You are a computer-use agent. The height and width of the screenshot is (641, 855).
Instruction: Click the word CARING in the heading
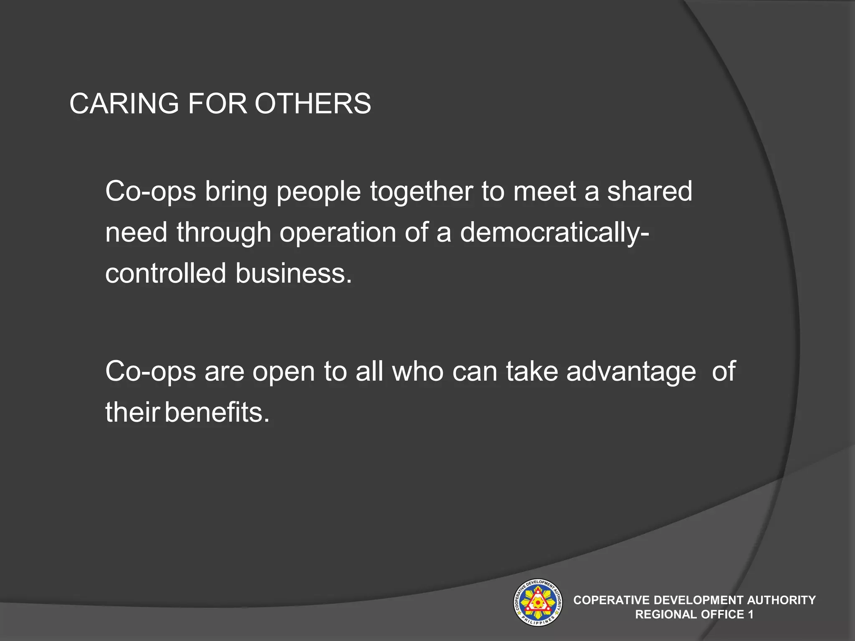(x=124, y=103)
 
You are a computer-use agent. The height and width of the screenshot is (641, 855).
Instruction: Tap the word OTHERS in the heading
(x=313, y=103)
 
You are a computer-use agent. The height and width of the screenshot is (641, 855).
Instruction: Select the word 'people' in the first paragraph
(x=319, y=192)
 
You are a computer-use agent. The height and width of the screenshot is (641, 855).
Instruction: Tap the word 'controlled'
(x=165, y=273)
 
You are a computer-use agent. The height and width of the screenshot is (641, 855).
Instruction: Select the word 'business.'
(x=294, y=273)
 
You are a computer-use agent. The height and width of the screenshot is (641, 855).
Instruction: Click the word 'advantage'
(x=631, y=371)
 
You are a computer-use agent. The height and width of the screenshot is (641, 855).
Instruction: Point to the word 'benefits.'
(x=217, y=412)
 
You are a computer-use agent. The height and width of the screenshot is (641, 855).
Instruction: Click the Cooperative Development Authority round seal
(x=537, y=603)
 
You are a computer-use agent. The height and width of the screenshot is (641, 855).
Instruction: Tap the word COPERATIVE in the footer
(x=612, y=600)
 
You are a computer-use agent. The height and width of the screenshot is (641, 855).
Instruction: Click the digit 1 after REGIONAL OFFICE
(x=751, y=614)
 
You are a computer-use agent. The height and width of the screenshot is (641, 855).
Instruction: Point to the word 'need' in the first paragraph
(x=136, y=232)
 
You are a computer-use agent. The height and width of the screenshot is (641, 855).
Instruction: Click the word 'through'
(x=224, y=233)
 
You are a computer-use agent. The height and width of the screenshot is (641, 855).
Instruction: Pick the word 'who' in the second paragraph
(x=418, y=371)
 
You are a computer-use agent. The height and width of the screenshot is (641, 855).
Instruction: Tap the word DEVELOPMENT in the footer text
(x=698, y=600)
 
